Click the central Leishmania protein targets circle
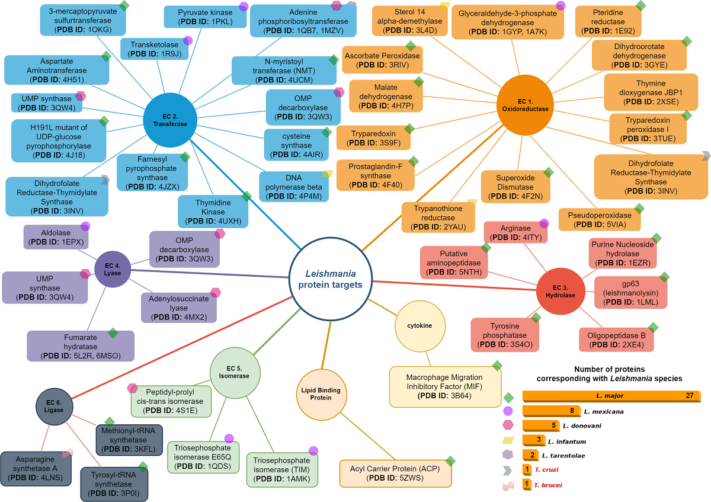click(330, 279)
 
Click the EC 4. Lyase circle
click(113, 268)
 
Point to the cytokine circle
click(419, 325)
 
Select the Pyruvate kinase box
click(205, 17)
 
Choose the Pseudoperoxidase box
click(599, 219)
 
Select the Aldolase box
click(56, 236)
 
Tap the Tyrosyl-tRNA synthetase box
click(113, 484)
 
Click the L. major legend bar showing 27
click(610, 396)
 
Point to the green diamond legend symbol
click(508, 397)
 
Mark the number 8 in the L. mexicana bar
click(572, 411)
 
